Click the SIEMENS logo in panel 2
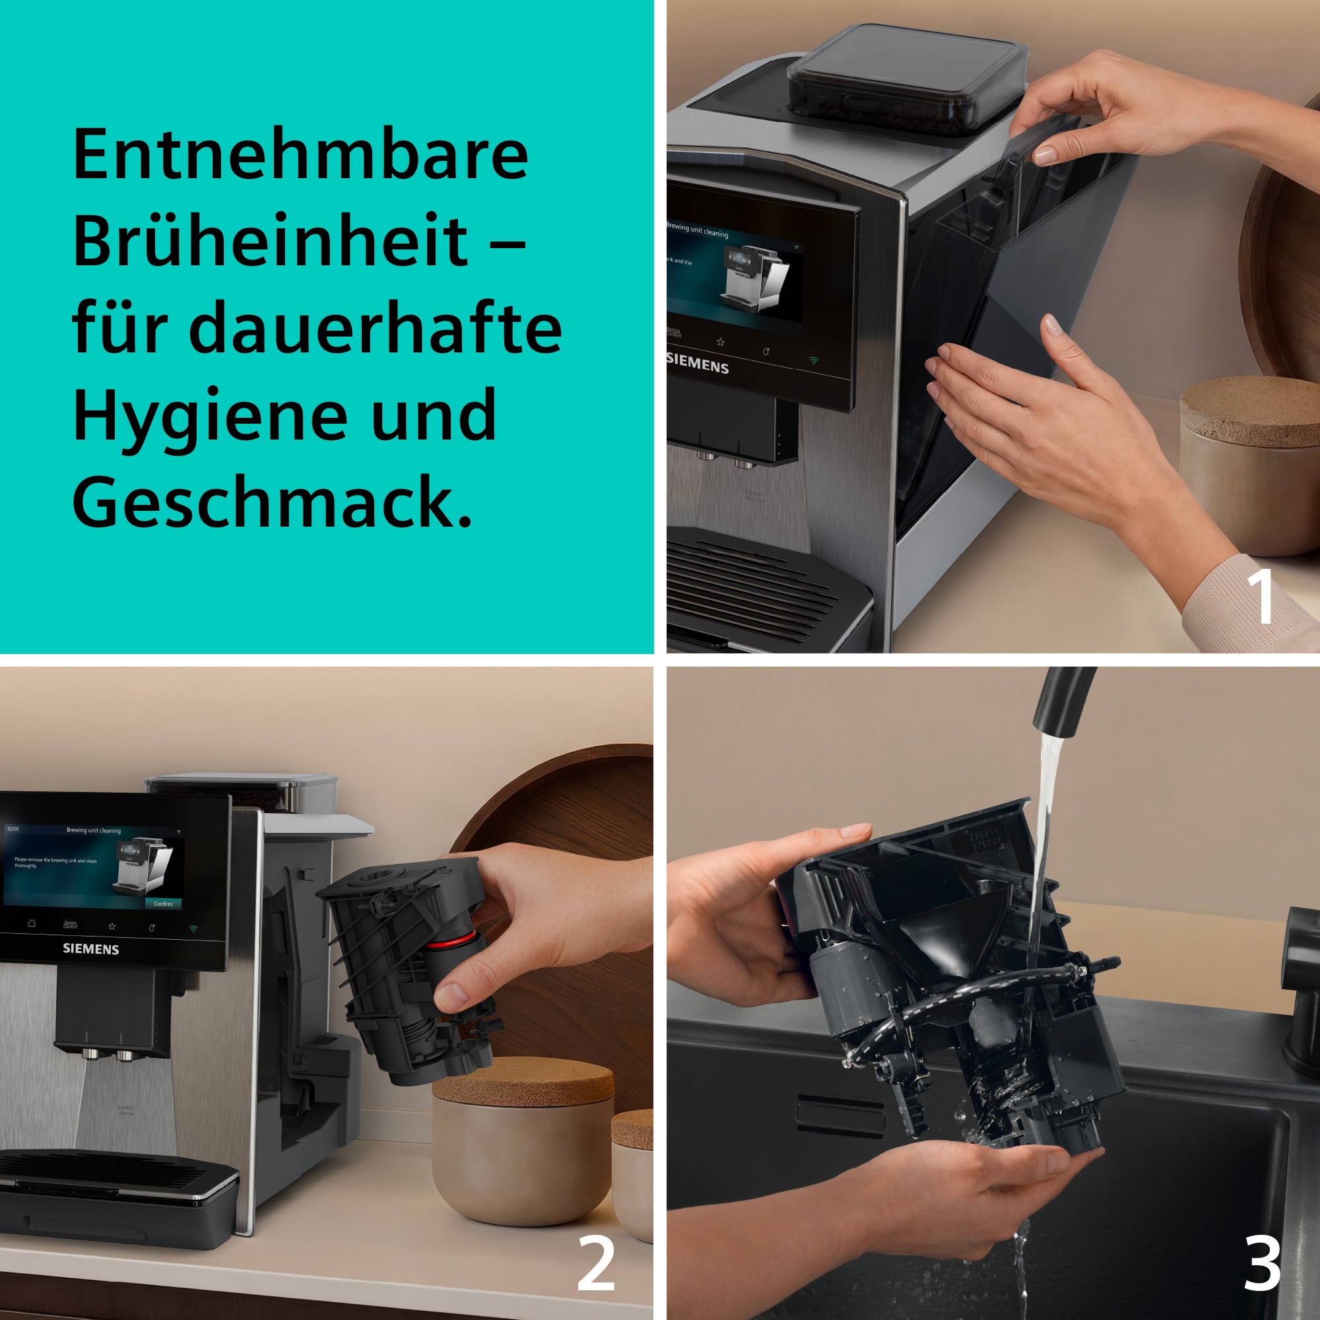[x=91, y=949]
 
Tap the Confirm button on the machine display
[x=162, y=904]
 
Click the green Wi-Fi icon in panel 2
[x=193, y=929]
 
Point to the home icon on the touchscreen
[x=32, y=923]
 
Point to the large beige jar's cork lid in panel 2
[x=523, y=1082]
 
